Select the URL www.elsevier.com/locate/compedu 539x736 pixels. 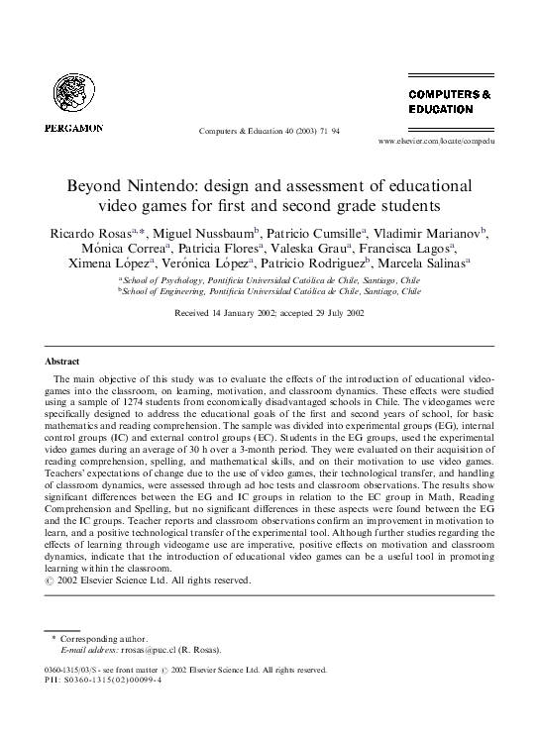[436, 143]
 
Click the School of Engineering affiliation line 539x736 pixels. [269, 292]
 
